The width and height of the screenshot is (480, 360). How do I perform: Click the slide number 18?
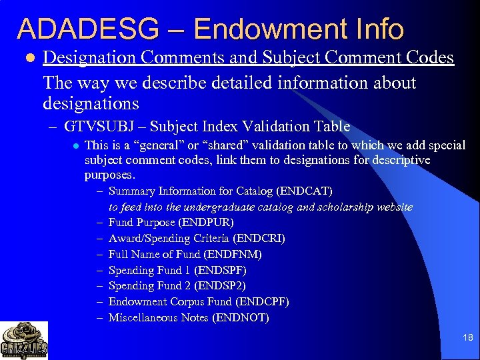pos(467,338)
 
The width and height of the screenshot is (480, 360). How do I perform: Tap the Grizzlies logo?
pos(24,340)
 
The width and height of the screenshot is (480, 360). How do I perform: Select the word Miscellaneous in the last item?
pos(141,318)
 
